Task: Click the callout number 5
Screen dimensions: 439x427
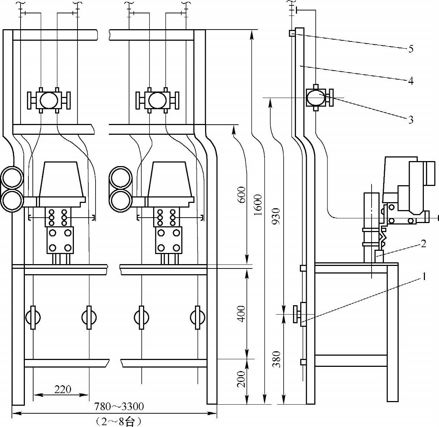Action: [411, 49]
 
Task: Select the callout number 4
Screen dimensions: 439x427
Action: [411, 81]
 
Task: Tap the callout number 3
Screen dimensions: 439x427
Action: [411, 120]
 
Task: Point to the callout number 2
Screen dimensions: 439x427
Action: [423, 244]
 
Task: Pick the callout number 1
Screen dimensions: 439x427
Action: [424, 276]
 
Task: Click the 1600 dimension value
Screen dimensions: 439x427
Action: [258, 205]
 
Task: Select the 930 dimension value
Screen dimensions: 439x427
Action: [276, 216]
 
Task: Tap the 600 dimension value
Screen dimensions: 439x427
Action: [241, 195]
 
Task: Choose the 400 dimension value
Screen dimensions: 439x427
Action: [241, 314]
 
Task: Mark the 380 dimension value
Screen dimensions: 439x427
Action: [276, 359]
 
